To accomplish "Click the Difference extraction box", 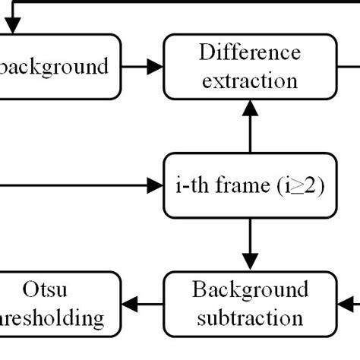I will point(250,66).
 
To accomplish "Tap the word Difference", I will point(250,52).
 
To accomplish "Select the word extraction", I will point(250,80).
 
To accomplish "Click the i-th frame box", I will point(250,185).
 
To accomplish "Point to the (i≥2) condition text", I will point(300,185).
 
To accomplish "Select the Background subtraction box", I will point(250,304).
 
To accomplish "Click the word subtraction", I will point(250,317).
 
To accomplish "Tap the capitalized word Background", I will point(250,290).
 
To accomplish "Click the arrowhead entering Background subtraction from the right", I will point(346,304).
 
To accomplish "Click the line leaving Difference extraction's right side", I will point(348,66).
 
